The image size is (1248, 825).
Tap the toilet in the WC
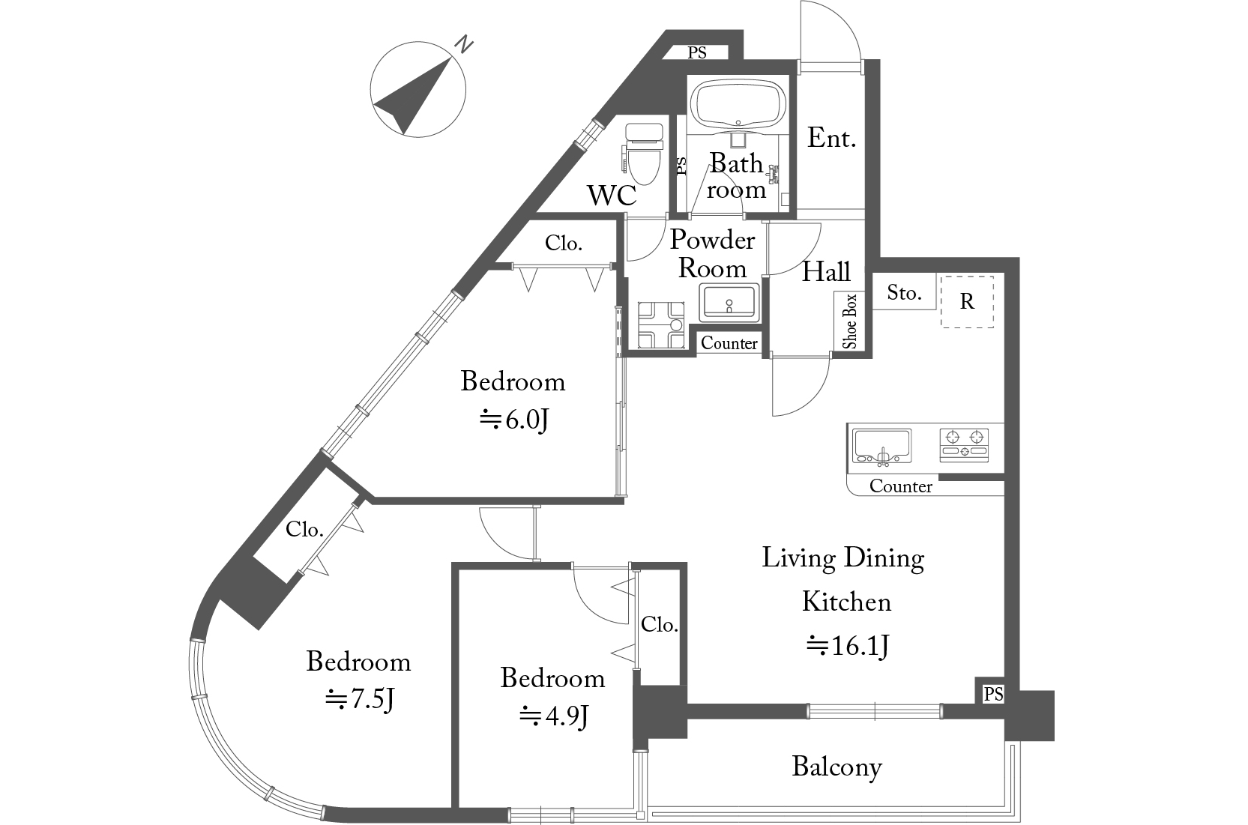point(643,154)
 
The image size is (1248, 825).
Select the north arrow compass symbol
point(417,90)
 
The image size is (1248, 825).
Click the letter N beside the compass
point(463,44)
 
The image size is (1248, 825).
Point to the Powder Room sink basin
point(729,303)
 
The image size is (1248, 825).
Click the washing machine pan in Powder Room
point(661,325)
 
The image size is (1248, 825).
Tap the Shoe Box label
point(849,321)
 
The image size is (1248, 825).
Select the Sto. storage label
point(904,293)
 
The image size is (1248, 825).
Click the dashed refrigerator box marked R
point(967,302)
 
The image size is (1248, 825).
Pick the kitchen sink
point(882,447)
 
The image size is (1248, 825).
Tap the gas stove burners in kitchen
point(965,444)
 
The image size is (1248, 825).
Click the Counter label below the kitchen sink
point(900,486)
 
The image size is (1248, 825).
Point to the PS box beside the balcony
point(993,694)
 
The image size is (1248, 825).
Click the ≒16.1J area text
point(848,647)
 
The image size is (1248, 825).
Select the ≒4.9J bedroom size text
point(554,716)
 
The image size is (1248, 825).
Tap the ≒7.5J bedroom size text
point(360,699)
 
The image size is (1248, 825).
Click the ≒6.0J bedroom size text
point(514,420)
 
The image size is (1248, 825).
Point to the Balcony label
point(836,767)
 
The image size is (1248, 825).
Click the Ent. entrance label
point(831,138)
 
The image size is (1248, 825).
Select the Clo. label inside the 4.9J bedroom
point(659,624)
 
